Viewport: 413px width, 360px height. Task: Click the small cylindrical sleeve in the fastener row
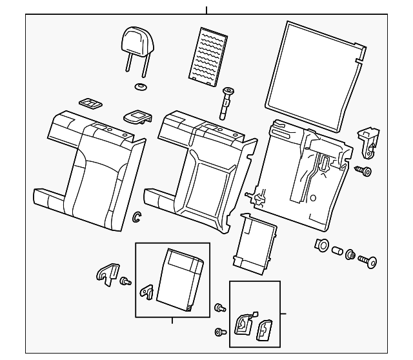coord(336,249)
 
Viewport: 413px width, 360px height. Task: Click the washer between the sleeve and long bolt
coord(350,254)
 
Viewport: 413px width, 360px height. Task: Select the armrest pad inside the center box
coord(181,277)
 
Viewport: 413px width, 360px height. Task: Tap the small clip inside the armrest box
coord(147,292)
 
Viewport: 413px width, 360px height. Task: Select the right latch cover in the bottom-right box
coord(265,330)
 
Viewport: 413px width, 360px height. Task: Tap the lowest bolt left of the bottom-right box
coord(218,332)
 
